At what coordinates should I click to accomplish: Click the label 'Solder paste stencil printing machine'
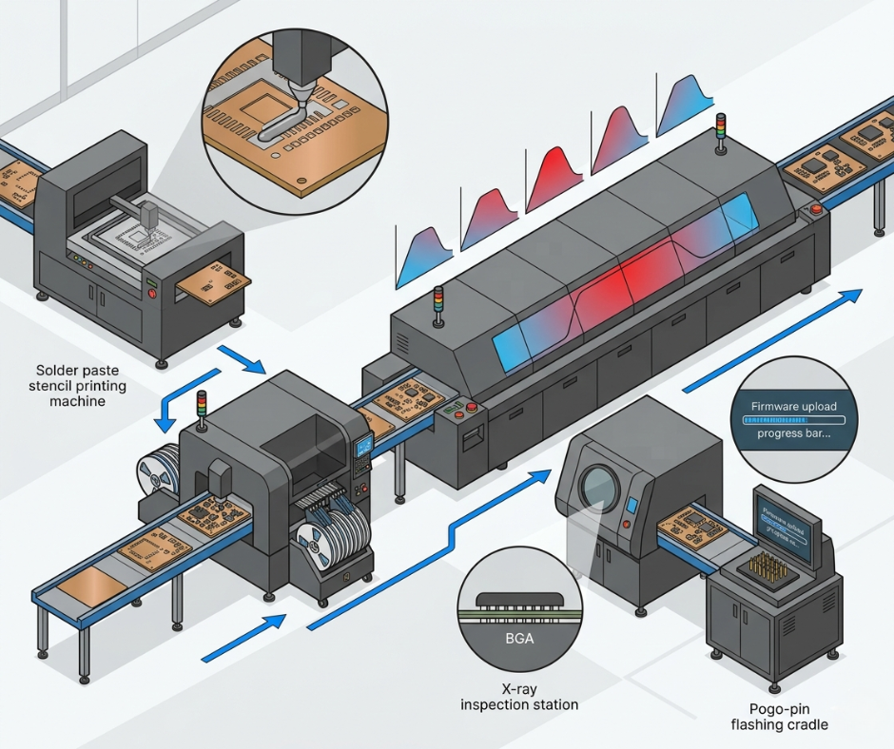[80, 386]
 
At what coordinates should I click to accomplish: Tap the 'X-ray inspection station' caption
[519, 696]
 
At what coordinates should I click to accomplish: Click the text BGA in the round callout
[519, 639]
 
